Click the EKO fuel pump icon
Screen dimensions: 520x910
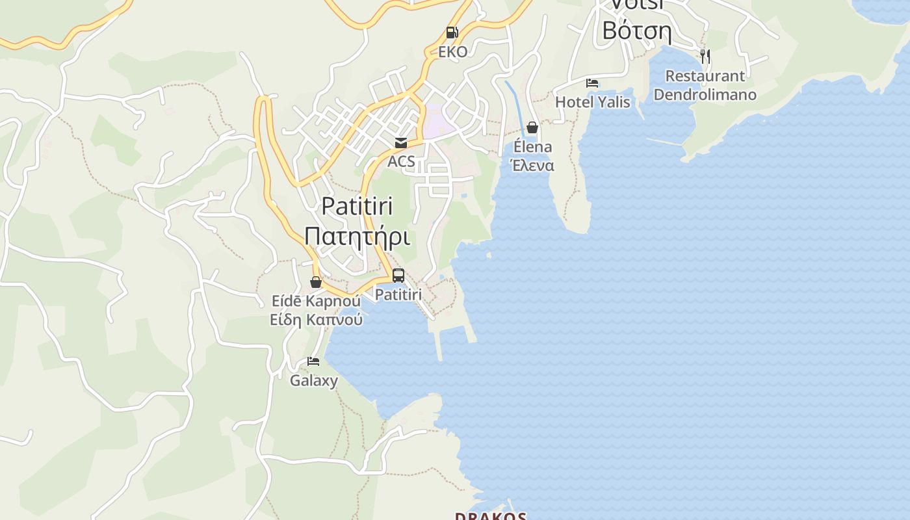pos(452,32)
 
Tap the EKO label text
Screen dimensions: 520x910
pos(452,52)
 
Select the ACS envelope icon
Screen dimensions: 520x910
pos(401,143)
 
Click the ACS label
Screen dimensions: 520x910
pos(401,161)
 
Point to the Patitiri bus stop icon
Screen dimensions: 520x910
pos(398,276)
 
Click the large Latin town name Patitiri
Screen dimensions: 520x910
pos(357,207)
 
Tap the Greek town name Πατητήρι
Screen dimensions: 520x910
pos(357,236)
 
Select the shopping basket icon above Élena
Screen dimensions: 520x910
pos(532,127)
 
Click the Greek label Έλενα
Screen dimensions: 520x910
pos(532,165)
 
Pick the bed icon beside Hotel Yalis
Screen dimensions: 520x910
pos(592,83)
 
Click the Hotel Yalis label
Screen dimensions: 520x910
pos(592,102)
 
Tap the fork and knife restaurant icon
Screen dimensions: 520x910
pos(705,57)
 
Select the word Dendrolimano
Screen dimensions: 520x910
pos(705,95)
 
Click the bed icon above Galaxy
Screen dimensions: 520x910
pos(313,361)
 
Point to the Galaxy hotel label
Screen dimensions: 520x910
pos(313,380)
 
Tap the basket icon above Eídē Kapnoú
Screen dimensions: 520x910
pos(316,282)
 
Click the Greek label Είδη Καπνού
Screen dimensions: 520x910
pos(316,320)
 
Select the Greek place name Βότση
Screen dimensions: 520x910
pos(636,30)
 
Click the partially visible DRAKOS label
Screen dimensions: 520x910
pos(491,516)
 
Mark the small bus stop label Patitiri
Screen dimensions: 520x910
pos(398,294)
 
